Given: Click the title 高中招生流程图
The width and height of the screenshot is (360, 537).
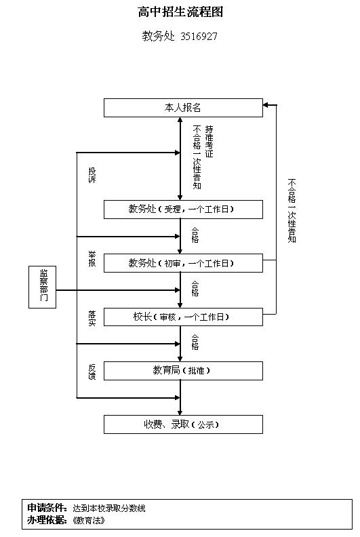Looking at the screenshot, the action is pyautogui.click(x=180, y=12).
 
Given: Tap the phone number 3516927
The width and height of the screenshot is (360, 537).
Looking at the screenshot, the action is pyautogui.click(x=199, y=37).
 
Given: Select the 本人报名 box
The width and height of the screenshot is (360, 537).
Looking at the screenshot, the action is pyautogui.click(x=183, y=108).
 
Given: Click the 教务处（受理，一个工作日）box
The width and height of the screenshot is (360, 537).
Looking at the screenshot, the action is pyautogui.click(x=183, y=210).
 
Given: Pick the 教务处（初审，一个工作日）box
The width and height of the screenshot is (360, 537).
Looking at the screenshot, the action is pyautogui.click(x=183, y=263).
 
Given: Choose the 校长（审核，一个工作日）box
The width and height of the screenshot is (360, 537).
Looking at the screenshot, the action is pyautogui.click(x=183, y=317).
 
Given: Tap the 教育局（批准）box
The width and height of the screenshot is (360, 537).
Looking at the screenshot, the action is pyautogui.click(x=183, y=371).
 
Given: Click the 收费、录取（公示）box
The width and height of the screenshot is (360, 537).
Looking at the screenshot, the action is pyautogui.click(x=183, y=424).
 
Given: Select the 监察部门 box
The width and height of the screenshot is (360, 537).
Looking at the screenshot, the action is pyautogui.click(x=43, y=287).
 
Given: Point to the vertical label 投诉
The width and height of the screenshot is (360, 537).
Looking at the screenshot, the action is pyautogui.click(x=92, y=175).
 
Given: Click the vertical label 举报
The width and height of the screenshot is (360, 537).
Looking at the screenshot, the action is pyautogui.click(x=92, y=258).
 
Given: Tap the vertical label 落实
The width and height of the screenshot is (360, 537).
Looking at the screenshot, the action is pyautogui.click(x=92, y=319).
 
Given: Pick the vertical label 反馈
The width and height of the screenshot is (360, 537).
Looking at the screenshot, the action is pyautogui.click(x=92, y=372).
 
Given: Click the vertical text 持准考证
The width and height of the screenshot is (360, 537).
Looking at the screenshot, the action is pyautogui.click(x=209, y=142).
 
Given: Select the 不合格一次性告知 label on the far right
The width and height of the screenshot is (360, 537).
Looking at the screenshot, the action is pyautogui.click(x=292, y=211).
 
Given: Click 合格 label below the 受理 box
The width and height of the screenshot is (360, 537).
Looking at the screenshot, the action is pyautogui.click(x=195, y=235).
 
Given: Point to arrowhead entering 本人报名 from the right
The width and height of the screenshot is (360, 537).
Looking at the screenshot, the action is pyautogui.click(x=265, y=105).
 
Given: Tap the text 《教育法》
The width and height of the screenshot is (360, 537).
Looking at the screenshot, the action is pyautogui.click(x=88, y=521).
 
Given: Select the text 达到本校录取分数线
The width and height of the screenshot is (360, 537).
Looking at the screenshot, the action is pyautogui.click(x=109, y=509).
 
